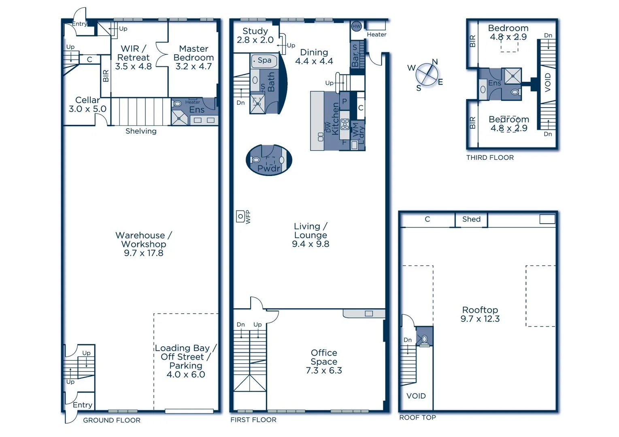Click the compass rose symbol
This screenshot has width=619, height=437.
[x=427, y=74]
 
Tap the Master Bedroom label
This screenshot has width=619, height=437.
[x=194, y=57]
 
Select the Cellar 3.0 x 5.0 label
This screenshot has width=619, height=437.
[x=87, y=104]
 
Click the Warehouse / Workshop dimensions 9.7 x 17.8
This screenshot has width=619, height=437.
[x=144, y=253]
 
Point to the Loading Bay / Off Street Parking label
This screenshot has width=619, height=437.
[x=185, y=361]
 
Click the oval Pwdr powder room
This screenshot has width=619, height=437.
[x=269, y=160]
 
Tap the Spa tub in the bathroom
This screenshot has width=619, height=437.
[x=264, y=61]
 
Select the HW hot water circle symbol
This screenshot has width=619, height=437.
[x=356, y=26]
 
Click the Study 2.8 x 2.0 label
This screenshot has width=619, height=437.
[x=255, y=36]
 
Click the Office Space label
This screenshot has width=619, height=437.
[x=324, y=361]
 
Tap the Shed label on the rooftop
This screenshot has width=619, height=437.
[x=471, y=219]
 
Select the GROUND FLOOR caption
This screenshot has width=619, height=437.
[x=112, y=420]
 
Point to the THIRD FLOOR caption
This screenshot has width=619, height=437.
[x=490, y=158]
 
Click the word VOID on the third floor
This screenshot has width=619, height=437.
[x=548, y=82]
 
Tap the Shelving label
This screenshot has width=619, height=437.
[x=141, y=131]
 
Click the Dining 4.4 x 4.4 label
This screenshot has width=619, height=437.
[x=314, y=57]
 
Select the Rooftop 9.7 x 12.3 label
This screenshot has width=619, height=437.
[x=480, y=314]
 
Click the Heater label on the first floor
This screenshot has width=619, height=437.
[x=377, y=35]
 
